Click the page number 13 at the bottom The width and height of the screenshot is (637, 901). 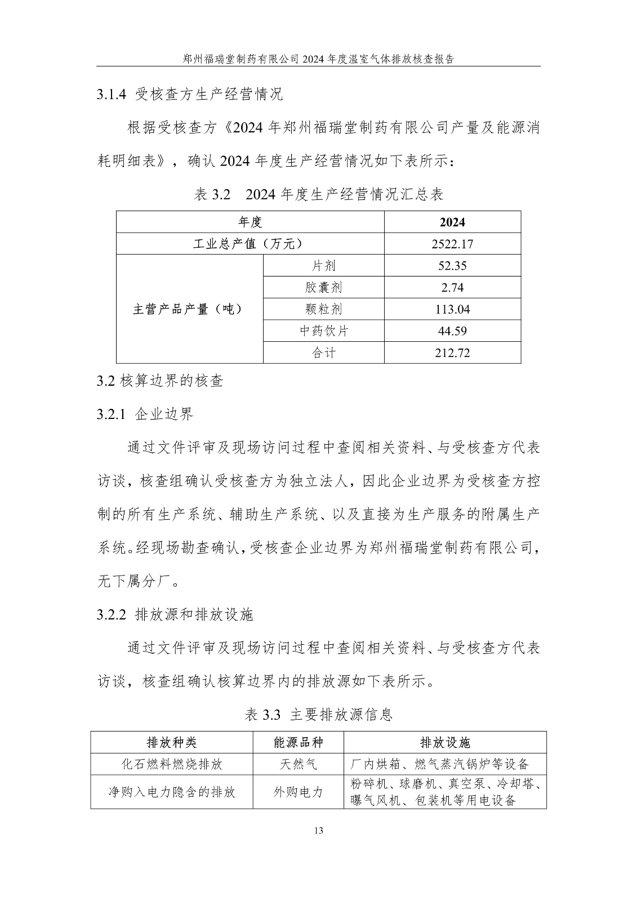(x=319, y=831)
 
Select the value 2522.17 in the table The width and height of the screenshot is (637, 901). (x=452, y=244)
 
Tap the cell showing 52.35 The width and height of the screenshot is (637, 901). (x=452, y=266)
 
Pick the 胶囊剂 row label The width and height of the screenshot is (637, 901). (x=323, y=288)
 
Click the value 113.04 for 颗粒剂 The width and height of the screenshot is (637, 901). (x=452, y=309)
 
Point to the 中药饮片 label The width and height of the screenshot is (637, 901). (x=323, y=331)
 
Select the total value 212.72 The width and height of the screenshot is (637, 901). (x=452, y=353)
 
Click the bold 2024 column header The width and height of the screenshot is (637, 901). (x=452, y=222)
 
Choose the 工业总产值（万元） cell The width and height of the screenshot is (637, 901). (x=250, y=244)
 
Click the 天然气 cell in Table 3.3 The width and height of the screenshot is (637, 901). (x=298, y=764)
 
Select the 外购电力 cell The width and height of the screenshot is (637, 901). (x=298, y=792)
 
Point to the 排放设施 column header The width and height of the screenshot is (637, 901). (x=444, y=742)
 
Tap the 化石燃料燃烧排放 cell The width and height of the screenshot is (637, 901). (x=172, y=764)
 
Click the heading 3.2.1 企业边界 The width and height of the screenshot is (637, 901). (x=145, y=414)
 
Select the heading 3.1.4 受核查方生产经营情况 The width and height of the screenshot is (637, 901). (x=190, y=94)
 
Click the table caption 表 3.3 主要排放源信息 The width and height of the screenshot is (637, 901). (x=319, y=715)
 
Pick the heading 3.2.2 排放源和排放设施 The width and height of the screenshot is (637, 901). (x=175, y=614)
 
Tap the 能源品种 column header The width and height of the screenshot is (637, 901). (x=298, y=742)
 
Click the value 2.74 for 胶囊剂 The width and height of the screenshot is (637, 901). (x=452, y=288)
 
